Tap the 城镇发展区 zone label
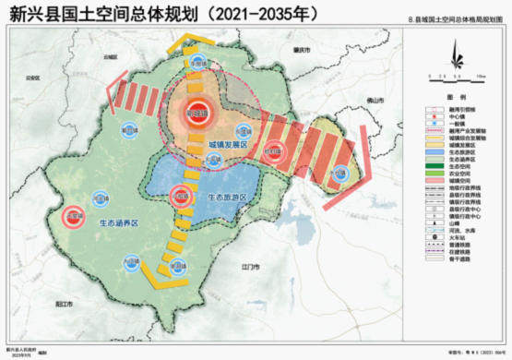pyautogui.click(x=231, y=145)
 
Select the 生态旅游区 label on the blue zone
pyautogui.click(x=227, y=196)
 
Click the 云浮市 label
pyautogui.click(x=112, y=56)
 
